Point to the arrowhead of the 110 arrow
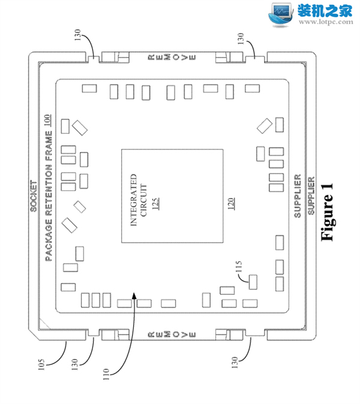click(x=136, y=292)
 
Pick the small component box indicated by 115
click(x=253, y=281)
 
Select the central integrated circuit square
click(x=173, y=196)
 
